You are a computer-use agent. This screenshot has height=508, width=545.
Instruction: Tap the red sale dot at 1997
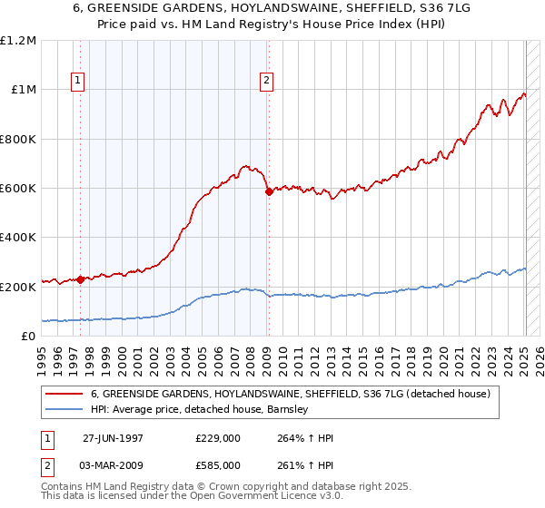coord(81,279)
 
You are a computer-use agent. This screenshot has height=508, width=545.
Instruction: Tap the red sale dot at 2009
coord(269,191)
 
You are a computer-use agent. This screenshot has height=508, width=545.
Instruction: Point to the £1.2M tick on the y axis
coord(18,41)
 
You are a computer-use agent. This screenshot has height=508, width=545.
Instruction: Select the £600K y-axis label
coord(18,189)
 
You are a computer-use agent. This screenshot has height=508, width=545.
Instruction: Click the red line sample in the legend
coord(64,395)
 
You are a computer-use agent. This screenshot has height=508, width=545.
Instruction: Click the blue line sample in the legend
coord(64,410)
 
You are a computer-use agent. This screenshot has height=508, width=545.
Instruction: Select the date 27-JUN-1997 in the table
coord(113,438)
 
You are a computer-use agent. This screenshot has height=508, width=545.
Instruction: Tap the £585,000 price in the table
coord(219,464)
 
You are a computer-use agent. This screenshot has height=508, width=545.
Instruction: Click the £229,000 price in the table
coord(219,438)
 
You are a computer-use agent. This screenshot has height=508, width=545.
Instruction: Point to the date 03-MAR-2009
coord(113,464)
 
